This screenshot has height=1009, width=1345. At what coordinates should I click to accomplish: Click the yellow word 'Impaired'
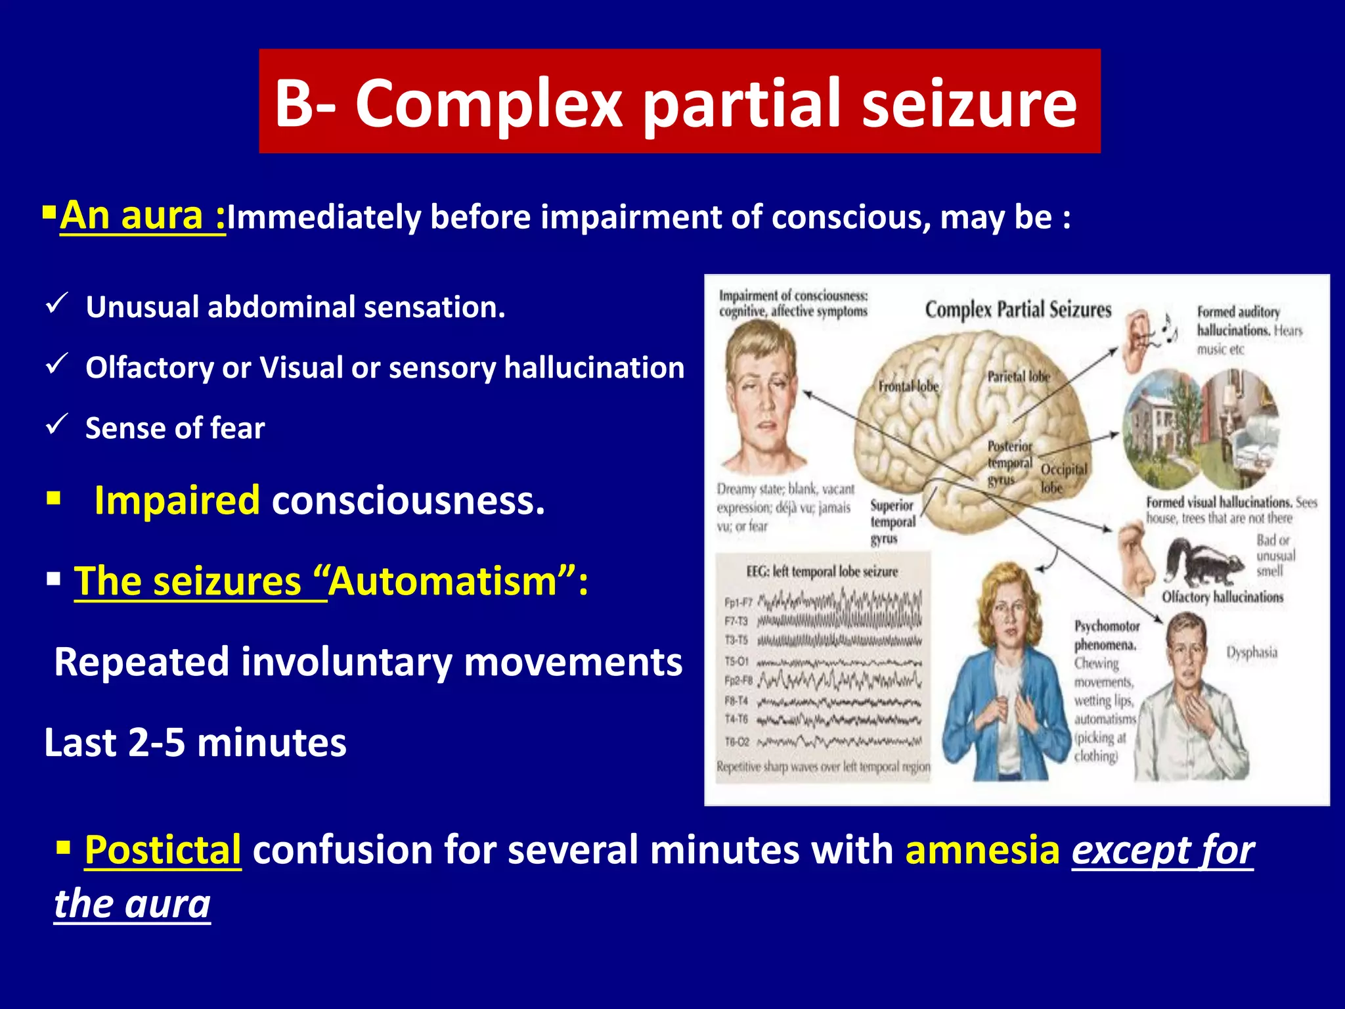[177, 501]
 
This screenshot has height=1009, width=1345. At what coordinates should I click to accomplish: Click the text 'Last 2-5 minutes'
[195, 743]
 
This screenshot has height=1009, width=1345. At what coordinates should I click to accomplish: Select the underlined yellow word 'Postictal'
[163, 850]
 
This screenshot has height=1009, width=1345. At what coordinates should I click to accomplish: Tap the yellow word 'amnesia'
[982, 850]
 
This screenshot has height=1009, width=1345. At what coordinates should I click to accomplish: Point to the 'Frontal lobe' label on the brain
[908, 386]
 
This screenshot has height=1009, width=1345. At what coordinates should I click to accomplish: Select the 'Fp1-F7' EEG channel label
[738, 602]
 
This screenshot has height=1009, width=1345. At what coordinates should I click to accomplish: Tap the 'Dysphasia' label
[1252, 652]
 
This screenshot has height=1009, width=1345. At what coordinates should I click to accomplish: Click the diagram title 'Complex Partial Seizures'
[1018, 309]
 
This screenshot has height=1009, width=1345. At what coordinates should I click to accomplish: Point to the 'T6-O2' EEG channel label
[736, 742]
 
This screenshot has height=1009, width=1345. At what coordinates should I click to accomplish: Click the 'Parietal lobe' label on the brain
[1018, 376]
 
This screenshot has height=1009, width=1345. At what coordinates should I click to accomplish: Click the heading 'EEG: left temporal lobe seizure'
[822, 572]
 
